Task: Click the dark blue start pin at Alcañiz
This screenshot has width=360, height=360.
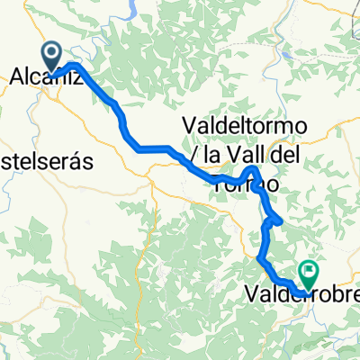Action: [51, 55]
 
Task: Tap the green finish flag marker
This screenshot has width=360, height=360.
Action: [310, 269]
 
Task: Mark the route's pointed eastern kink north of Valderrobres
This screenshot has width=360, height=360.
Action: [282, 220]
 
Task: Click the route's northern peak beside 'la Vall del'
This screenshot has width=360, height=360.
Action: [255, 168]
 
